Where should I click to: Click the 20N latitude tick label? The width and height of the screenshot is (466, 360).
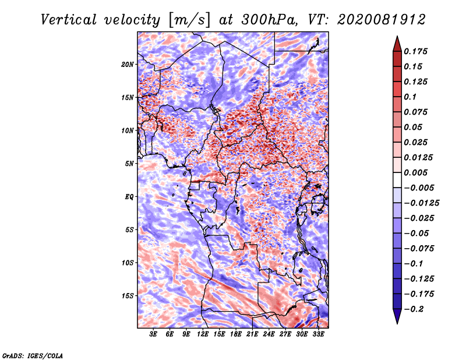128,65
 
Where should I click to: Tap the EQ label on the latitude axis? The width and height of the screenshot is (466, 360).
129,196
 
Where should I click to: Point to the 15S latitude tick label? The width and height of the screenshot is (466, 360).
128,296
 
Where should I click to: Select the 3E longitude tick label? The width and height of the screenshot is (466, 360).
153,334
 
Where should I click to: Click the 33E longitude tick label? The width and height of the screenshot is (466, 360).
318,334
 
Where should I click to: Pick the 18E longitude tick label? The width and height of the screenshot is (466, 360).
236,334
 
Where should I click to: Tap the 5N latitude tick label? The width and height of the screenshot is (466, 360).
129,164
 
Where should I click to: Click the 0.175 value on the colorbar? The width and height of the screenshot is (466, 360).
415,51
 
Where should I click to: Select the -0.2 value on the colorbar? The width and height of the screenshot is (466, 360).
414,309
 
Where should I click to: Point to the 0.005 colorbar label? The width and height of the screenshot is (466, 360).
415,172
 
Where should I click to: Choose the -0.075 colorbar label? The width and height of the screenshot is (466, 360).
419,249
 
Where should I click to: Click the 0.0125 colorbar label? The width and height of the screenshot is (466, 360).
418,157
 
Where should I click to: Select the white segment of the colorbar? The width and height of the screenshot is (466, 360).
397,180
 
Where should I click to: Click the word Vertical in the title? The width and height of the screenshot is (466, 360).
68,20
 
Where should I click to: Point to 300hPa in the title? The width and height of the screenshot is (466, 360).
269,20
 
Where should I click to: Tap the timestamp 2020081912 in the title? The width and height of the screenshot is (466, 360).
382,20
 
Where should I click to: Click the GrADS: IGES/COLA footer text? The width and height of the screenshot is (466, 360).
33,356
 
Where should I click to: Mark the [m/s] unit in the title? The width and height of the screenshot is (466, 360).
190,20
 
